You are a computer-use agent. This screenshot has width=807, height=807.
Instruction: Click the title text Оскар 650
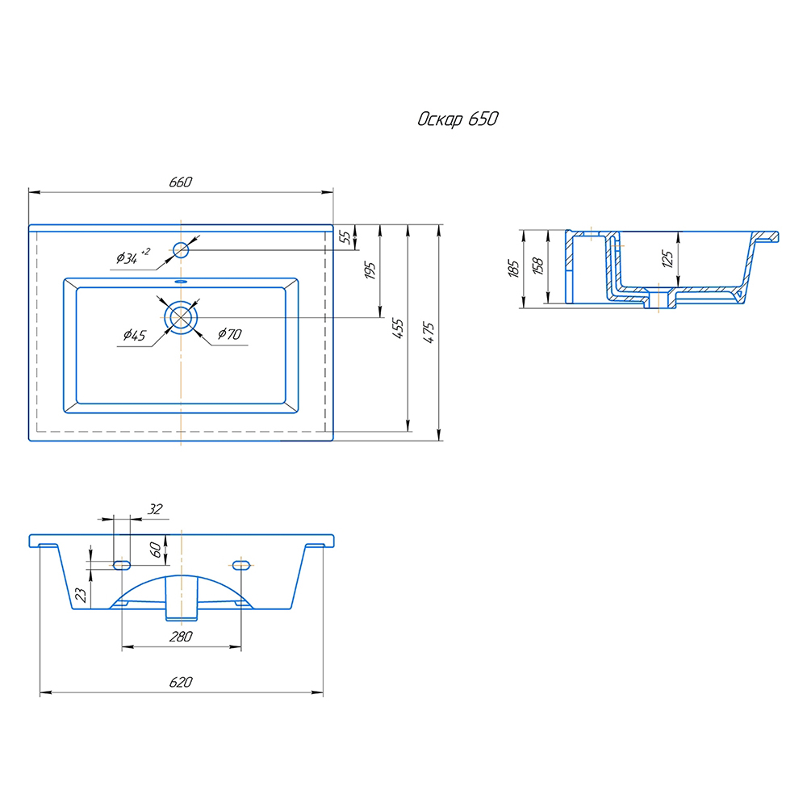pyautogui.click(x=458, y=119)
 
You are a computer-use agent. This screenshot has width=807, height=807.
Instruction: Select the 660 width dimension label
pyautogui.click(x=181, y=182)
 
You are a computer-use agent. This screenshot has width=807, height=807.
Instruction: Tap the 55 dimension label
pyautogui.click(x=345, y=237)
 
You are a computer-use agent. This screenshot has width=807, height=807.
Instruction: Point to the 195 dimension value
pyautogui.click(x=370, y=270)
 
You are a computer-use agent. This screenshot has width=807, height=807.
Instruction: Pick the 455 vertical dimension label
pyautogui.click(x=398, y=328)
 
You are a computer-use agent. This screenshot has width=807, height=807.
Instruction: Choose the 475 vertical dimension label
pyautogui.click(x=429, y=333)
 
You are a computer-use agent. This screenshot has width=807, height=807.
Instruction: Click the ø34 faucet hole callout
pyautogui.click(x=133, y=256)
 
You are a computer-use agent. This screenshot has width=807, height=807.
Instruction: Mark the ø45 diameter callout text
pyautogui.click(x=134, y=336)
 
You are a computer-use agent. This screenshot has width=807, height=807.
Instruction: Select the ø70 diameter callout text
pyautogui.click(x=229, y=334)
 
